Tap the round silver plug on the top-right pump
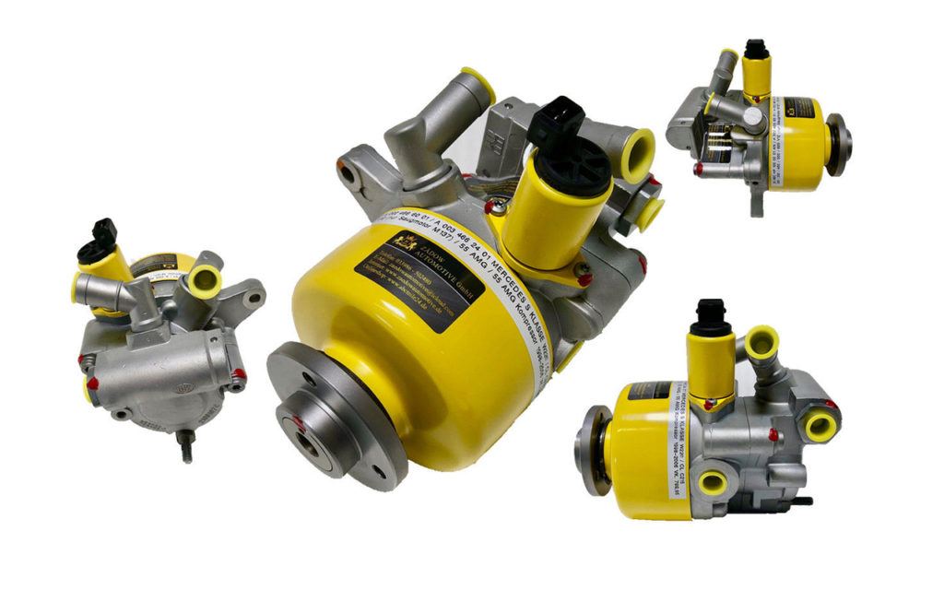pyautogui.click(x=753, y=115)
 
